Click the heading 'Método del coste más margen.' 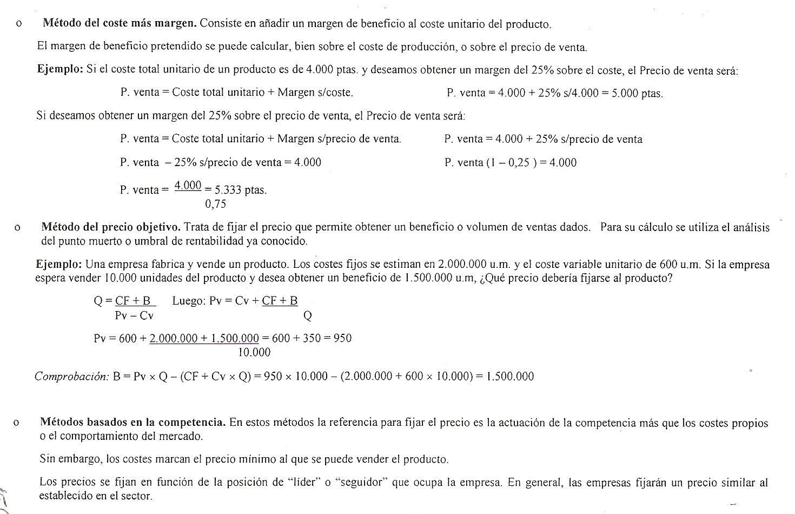(x=120, y=24)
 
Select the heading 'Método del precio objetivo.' (x=111, y=227)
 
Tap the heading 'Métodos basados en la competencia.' (x=132, y=423)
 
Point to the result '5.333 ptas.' (x=241, y=190)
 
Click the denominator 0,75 (x=215, y=205)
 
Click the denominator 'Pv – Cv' (x=134, y=316)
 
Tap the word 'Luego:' (x=189, y=301)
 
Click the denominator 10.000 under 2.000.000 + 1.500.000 (x=254, y=353)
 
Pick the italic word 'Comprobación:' (x=72, y=377)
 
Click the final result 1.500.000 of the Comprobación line (x=510, y=377)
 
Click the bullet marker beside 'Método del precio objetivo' (x=18, y=228)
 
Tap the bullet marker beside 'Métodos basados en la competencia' (x=17, y=423)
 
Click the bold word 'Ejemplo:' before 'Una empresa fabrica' (x=58, y=265)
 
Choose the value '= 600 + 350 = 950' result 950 (x=342, y=339)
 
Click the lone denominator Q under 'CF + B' (x=308, y=315)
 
